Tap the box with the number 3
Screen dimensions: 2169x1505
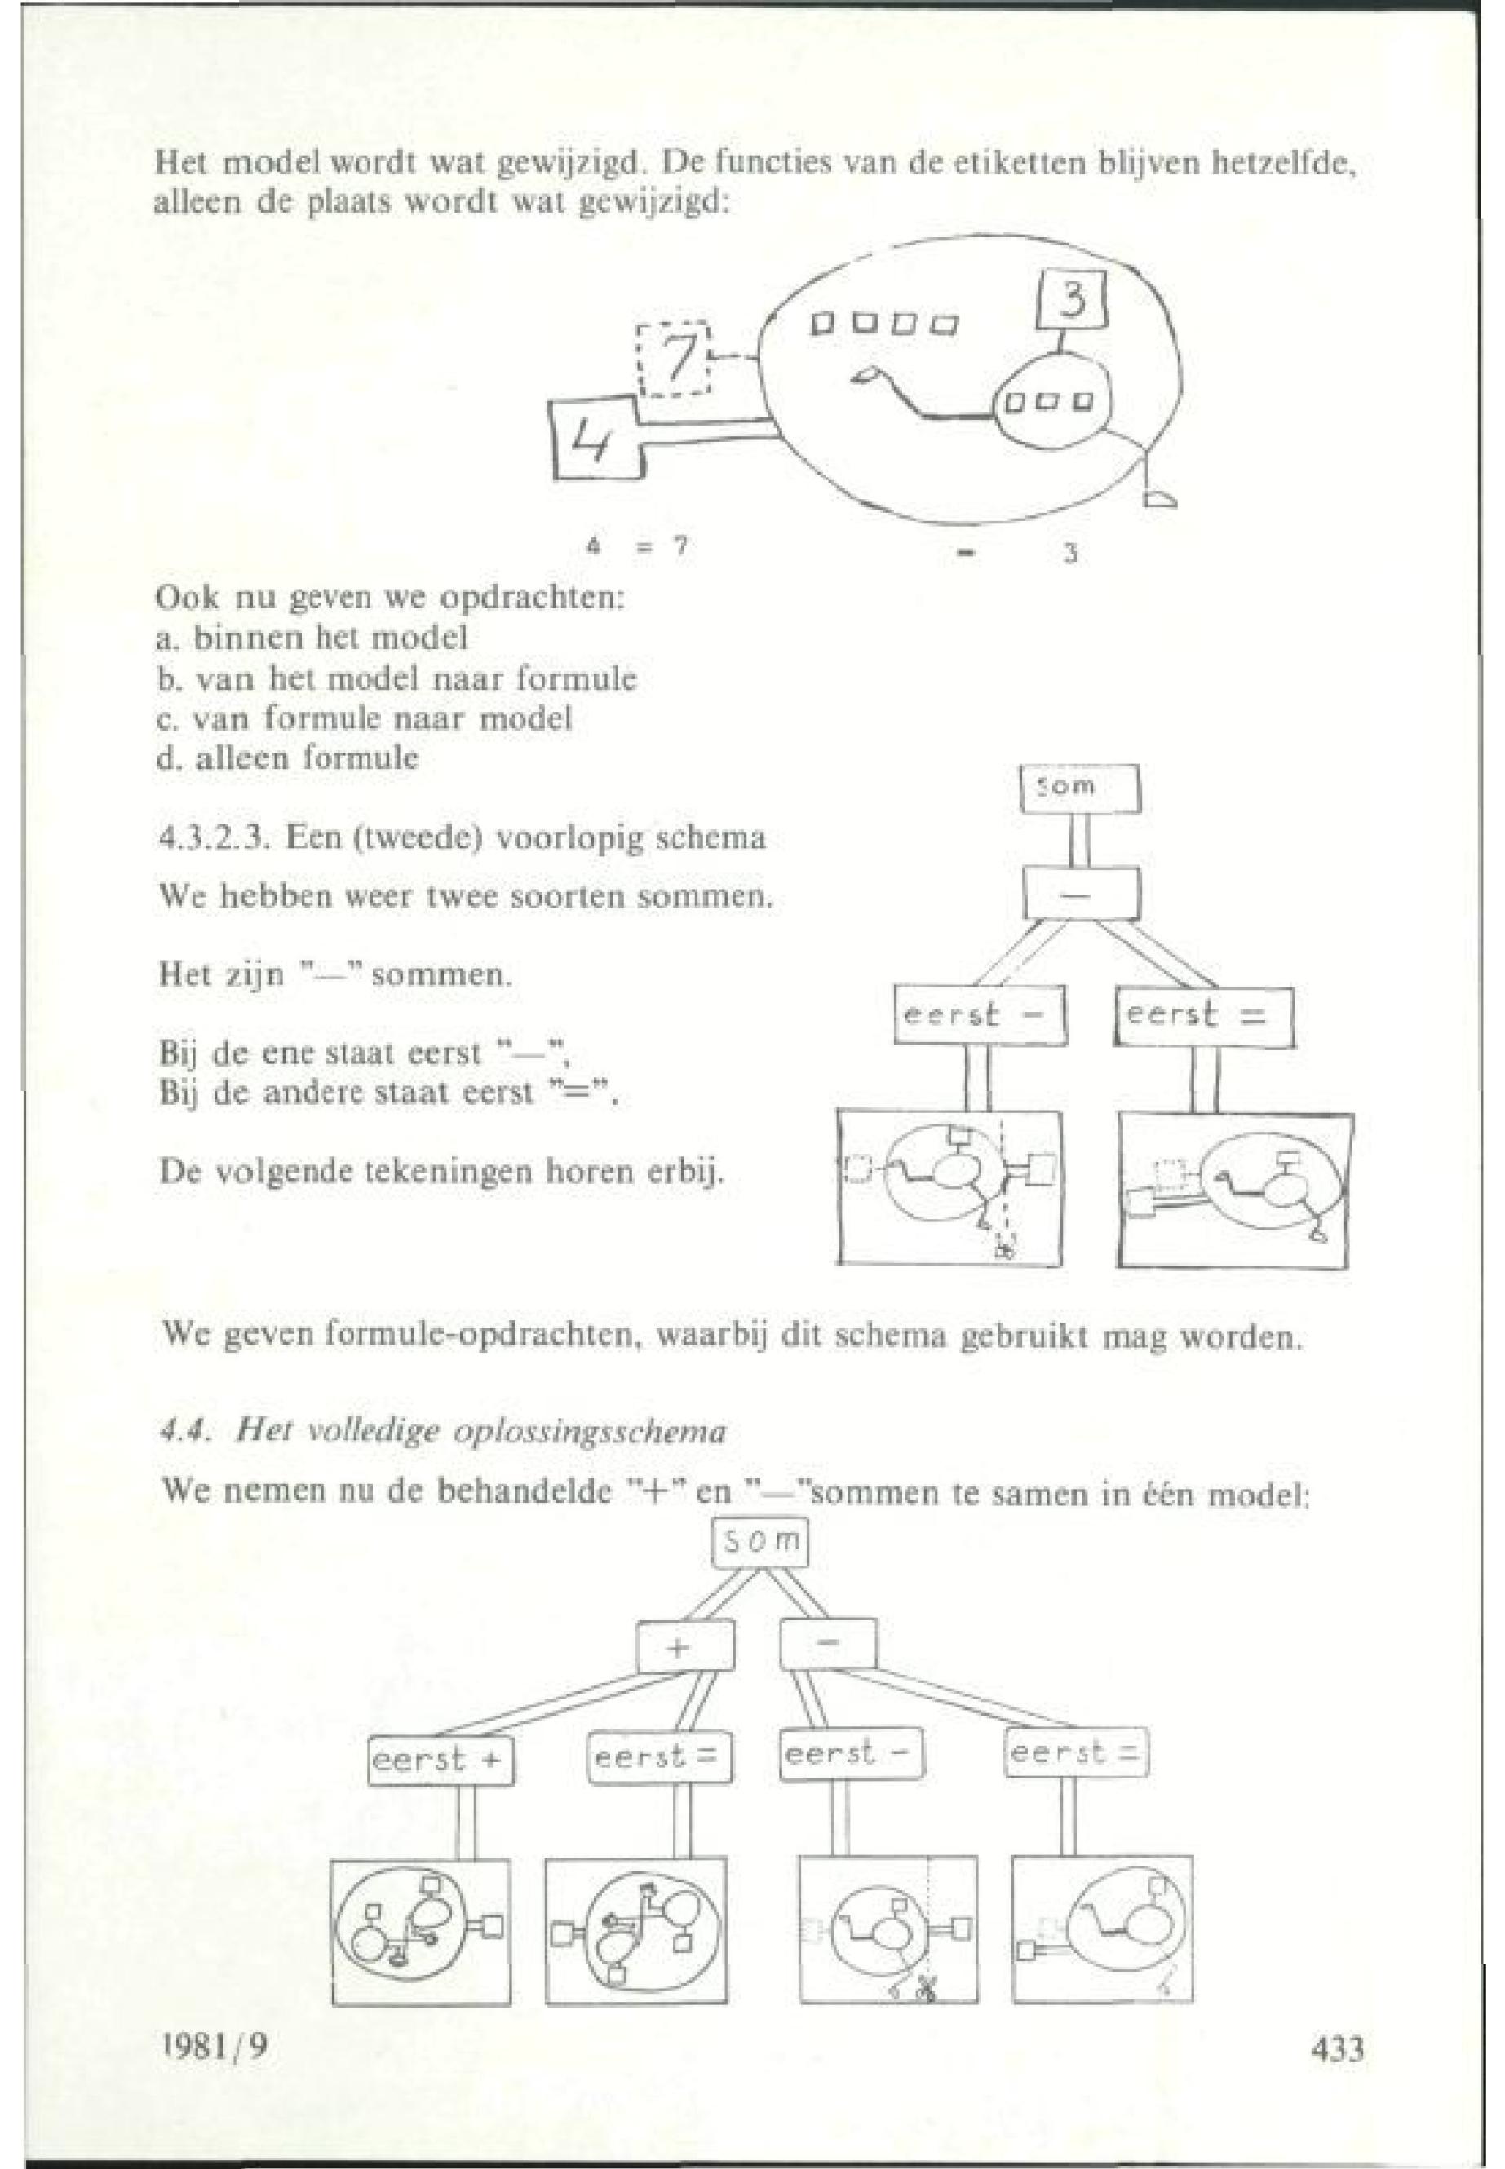coord(1071,300)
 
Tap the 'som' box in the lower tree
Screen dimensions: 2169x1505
coord(760,1543)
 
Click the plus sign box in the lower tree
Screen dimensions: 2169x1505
coord(684,1646)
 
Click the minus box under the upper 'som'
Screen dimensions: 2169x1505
coord(1081,892)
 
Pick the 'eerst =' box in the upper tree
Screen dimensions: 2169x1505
coord(1203,1015)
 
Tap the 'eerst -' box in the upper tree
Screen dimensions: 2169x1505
coord(980,1015)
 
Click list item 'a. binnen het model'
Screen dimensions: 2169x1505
coord(311,638)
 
